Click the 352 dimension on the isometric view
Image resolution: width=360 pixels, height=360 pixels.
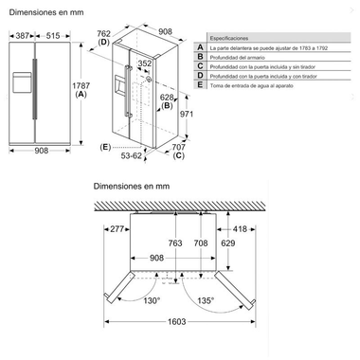point(144,64)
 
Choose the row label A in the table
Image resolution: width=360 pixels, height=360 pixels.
point(200,45)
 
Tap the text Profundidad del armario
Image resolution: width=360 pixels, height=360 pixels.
point(243,56)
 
